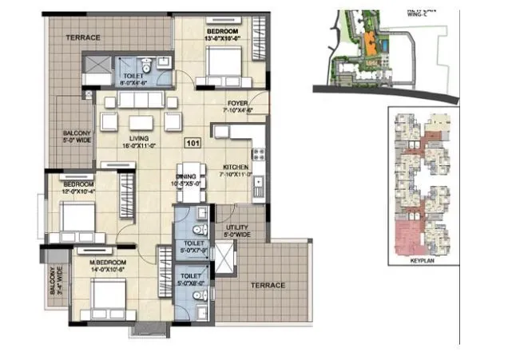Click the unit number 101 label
point(192,144)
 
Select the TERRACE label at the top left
point(82,38)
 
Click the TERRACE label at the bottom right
point(268,285)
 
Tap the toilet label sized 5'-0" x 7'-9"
point(194,246)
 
